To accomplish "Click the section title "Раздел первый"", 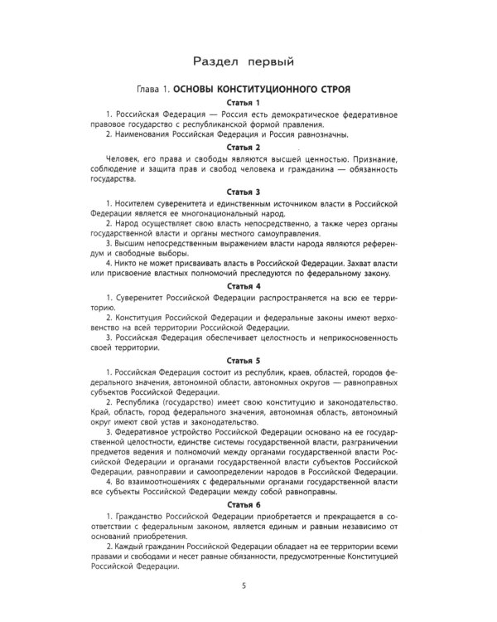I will click(248, 61).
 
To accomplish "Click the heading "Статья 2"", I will click(248, 147).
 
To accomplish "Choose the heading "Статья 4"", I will click(248, 287).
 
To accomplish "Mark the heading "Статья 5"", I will click(248, 361).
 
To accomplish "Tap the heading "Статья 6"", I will click(248, 503).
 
